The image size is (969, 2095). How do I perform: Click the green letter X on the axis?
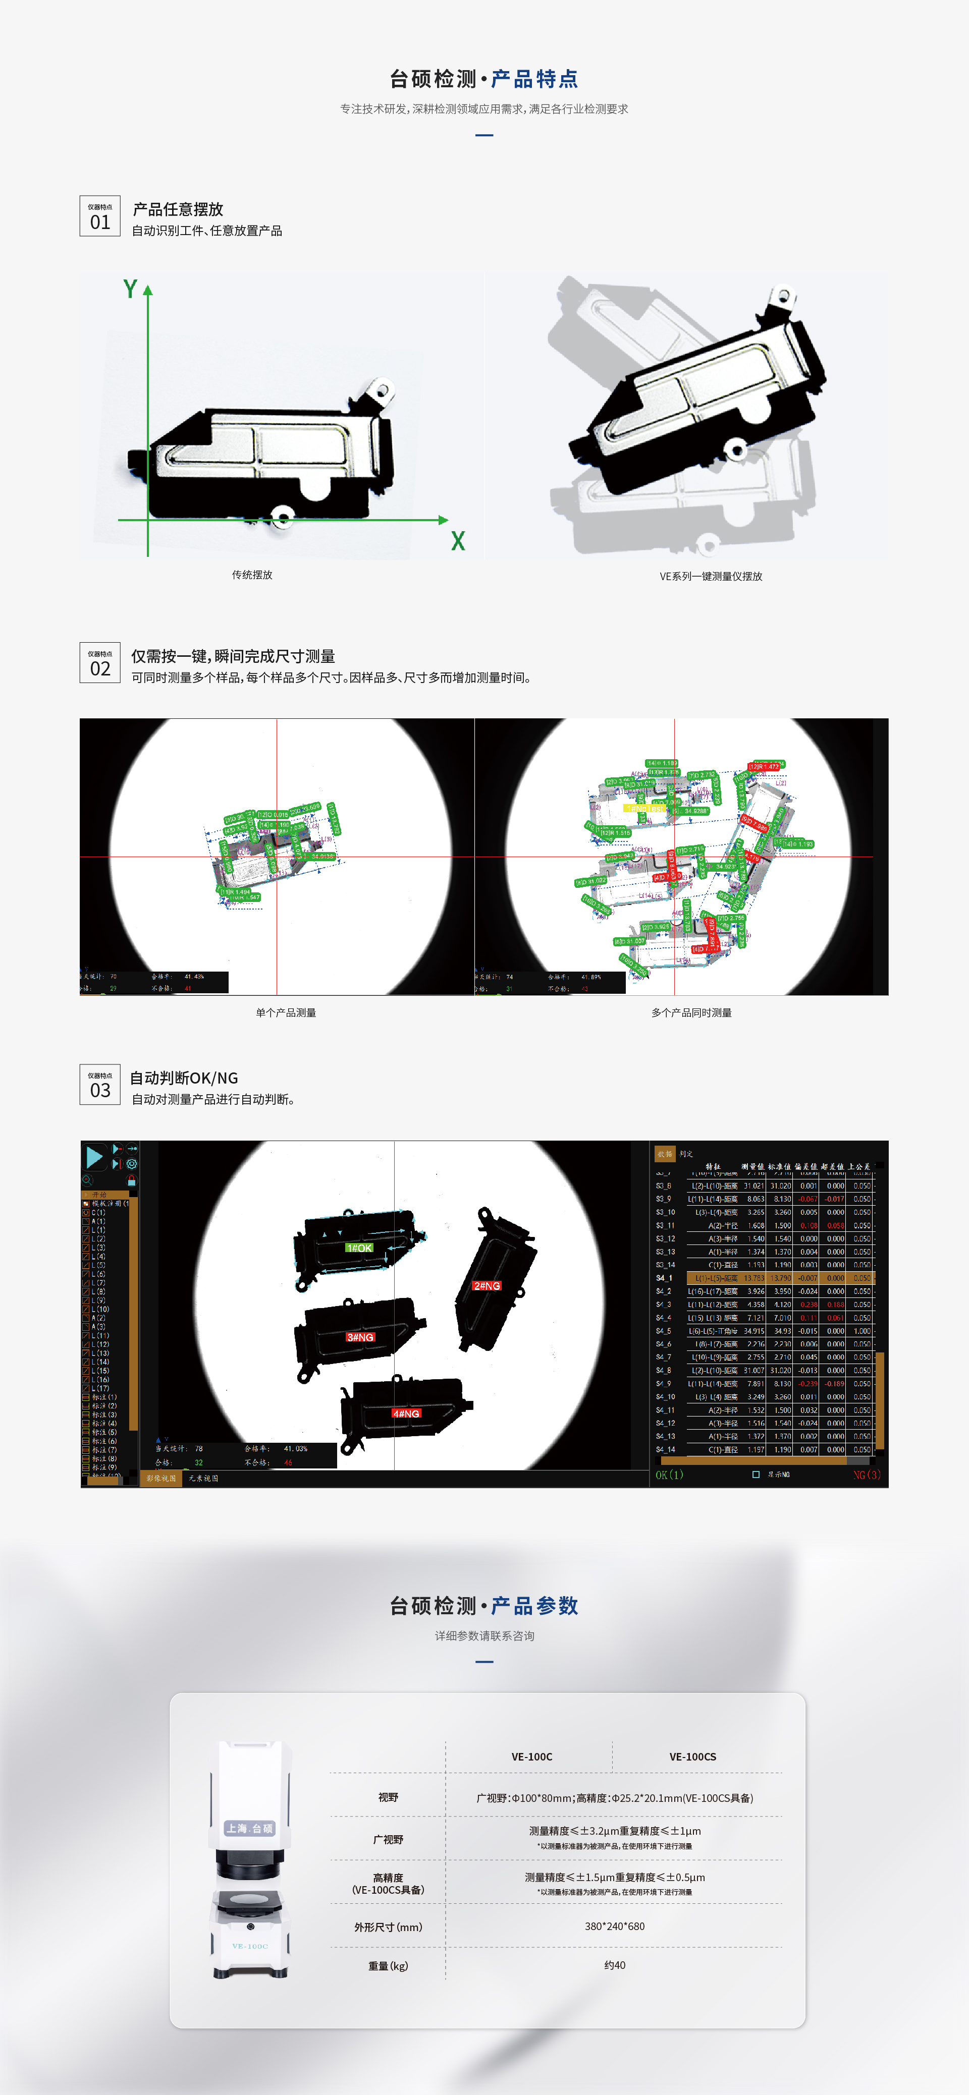458,541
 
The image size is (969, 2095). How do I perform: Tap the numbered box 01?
100,216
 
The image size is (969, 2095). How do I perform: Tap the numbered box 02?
100,663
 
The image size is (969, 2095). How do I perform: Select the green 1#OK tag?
359,1248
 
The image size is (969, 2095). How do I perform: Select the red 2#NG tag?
487,1286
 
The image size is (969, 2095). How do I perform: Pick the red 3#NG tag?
360,1337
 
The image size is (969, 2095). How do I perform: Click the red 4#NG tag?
406,1413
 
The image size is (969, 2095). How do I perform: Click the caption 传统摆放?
252,575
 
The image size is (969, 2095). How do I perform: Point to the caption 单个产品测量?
286,1012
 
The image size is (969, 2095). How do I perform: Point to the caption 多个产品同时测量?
691,1012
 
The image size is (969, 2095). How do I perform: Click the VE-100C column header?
531,1757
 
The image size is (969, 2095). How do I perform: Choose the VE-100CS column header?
692,1757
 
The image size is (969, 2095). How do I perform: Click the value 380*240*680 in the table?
614,1926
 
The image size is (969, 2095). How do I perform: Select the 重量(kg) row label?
388,1966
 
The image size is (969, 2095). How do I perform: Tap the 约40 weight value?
614,1965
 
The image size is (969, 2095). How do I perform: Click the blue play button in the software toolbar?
94,1157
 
